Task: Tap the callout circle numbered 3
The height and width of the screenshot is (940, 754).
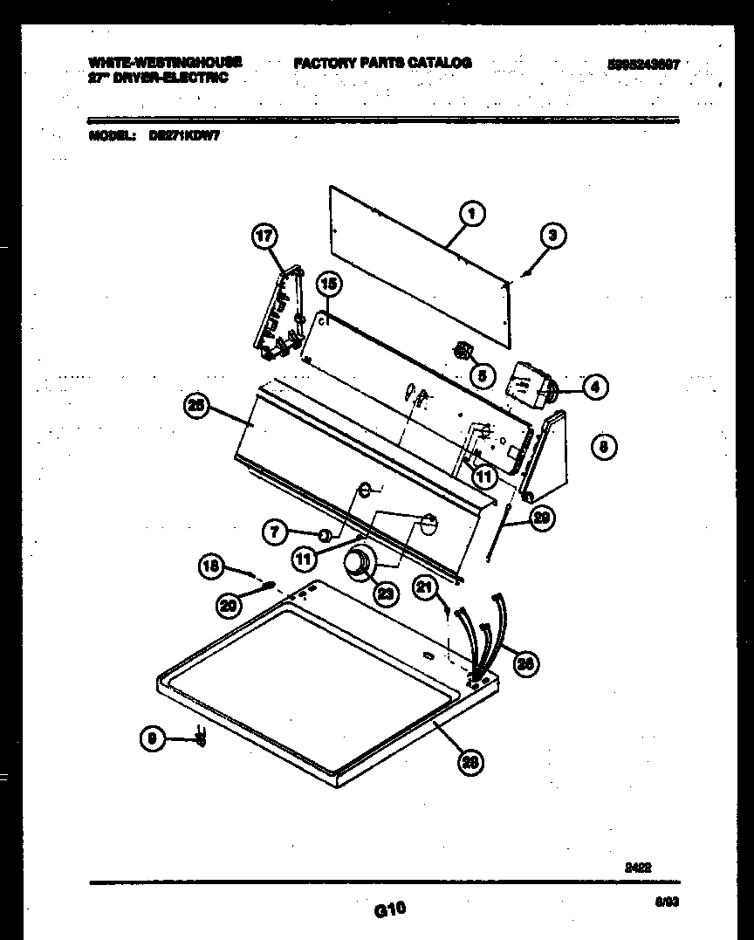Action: coord(552,235)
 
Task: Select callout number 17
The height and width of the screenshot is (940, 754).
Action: coord(264,237)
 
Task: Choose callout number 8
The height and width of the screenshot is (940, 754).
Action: coord(603,447)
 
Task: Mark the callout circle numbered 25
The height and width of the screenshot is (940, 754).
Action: coord(197,405)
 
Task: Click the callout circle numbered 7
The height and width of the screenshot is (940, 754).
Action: coord(276,532)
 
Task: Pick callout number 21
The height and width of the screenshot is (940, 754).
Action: coord(426,589)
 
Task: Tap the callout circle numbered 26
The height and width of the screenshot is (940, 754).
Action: coord(524,664)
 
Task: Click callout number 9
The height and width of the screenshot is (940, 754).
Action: coord(153,740)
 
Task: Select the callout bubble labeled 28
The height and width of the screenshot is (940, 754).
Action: coord(470,762)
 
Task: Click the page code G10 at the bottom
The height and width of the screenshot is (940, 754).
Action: coord(390,909)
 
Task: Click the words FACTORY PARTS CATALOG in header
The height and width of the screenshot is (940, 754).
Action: coord(383,63)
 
